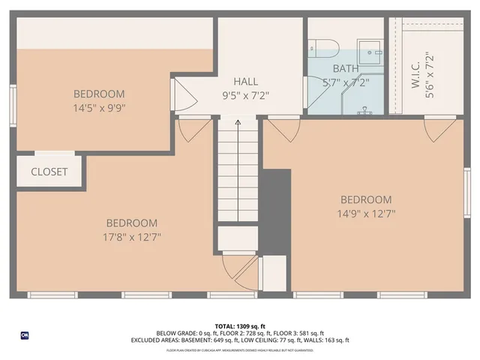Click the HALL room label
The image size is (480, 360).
pos(245,81)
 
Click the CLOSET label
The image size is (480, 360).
pos(49,172)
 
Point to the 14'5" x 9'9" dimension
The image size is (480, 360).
pos(99,107)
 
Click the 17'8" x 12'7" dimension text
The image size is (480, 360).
pos(132,236)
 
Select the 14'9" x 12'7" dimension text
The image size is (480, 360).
pos(367,214)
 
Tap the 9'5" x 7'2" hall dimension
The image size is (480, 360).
pos(245,96)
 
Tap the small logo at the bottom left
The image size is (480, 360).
pos(25,334)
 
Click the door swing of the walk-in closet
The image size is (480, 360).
pos(438,128)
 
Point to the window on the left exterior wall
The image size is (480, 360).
pos(13,106)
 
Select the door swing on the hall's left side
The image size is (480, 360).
pos(180,94)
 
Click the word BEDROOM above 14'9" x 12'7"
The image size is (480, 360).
pos(366,199)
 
